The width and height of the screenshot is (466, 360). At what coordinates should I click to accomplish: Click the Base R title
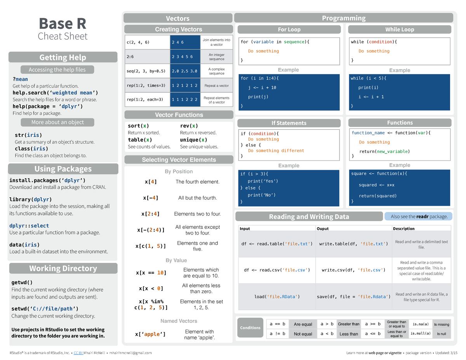(63, 24)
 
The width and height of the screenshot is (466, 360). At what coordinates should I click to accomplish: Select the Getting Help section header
(63, 57)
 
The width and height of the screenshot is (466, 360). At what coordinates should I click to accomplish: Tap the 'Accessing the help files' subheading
(57, 70)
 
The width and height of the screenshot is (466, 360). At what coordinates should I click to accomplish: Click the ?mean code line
(20, 79)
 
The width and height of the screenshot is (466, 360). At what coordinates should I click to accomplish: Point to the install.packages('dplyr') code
(47, 180)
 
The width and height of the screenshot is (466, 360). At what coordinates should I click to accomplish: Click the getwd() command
(22, 282)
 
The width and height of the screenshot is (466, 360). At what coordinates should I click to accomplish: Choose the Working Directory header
(63, 268)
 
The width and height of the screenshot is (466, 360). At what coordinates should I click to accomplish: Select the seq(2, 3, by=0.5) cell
(146, 71)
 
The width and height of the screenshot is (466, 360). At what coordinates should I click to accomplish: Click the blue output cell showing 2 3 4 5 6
(185, 57)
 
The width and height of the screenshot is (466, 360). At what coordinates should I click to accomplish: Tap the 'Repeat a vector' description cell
(217, 85)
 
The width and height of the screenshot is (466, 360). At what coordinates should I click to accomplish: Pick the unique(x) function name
(193, 140)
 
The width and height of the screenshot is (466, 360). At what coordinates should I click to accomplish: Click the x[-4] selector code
(151, 198)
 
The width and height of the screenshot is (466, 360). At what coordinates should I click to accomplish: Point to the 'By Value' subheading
(176, 260)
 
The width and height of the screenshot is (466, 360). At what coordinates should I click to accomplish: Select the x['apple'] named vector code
(150, 334)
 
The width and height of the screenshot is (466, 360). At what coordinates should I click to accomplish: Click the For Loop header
(289, 30)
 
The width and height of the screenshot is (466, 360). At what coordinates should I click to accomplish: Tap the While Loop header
(400, 30)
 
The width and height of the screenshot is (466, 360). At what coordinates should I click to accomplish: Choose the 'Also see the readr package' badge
(419, 216)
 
